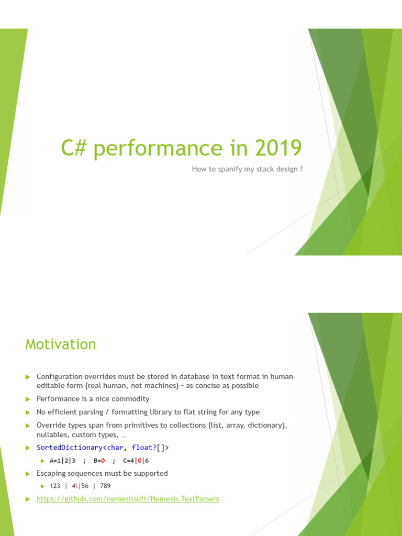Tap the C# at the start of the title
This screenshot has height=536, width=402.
73,148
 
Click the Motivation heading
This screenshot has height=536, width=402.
61,344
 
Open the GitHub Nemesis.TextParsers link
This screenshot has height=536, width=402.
128,499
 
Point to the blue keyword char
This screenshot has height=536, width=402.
115,448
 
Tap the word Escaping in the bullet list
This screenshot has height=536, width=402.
51,473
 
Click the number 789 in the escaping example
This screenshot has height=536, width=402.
105,486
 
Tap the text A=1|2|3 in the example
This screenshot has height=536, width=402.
63,461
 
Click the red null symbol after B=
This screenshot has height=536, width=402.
103,461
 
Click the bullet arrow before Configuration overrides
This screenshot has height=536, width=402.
29,377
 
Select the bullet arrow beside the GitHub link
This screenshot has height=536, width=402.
29,499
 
